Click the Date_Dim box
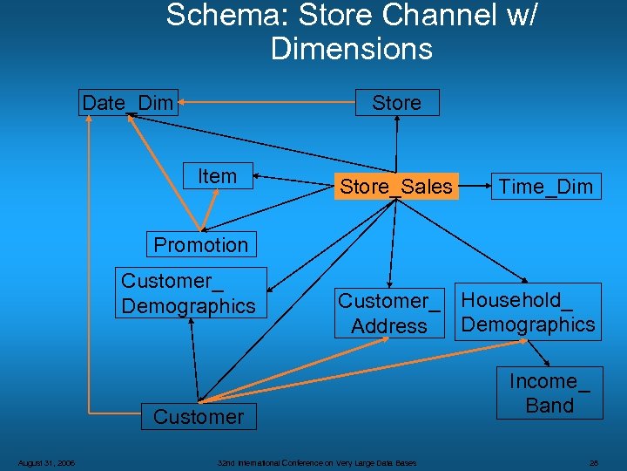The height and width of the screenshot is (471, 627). pos(128,103)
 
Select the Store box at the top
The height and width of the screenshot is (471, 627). pos(397,103)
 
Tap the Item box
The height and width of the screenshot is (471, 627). pos(217,176)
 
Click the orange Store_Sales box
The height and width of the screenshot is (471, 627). pos(396,187)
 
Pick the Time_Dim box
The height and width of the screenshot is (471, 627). pos(545,187)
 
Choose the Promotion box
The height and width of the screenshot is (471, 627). pos(201,244)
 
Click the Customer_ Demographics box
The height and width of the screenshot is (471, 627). pos(189,293)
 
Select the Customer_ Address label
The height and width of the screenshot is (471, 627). pos(389,313)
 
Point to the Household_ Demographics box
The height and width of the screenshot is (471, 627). pos(529,312)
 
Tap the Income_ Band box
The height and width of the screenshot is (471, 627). pos(549,393)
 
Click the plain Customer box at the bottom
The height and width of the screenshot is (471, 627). pos(199,417)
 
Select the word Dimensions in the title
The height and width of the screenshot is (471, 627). pos(352,49)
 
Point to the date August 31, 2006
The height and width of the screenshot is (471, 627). pos(47,463)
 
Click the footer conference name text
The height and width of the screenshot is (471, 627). pos(317,463)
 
